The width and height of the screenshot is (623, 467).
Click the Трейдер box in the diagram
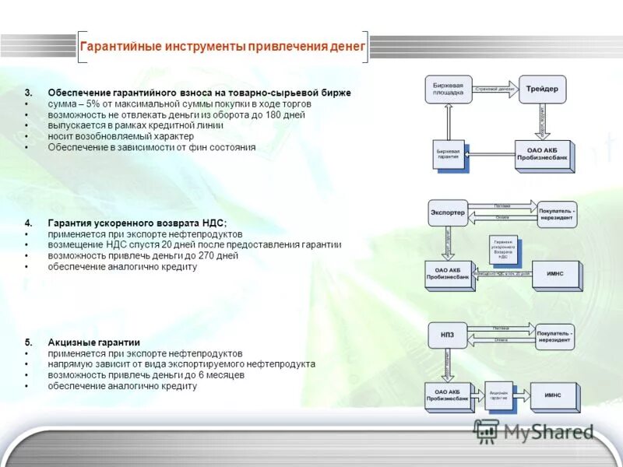542,89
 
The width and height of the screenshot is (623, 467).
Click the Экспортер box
447,212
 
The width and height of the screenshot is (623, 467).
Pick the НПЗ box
447,335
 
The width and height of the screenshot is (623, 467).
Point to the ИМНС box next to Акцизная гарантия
555,395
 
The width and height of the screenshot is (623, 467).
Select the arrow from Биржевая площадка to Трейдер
495,89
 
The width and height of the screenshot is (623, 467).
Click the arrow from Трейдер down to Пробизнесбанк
543,121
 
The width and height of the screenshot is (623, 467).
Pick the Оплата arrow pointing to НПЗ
502,340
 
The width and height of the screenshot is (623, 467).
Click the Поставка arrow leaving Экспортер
502,205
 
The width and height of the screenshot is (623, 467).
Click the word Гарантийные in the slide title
120,47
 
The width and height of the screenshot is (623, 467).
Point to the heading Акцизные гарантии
93,342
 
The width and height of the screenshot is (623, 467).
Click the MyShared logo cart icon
487,430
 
